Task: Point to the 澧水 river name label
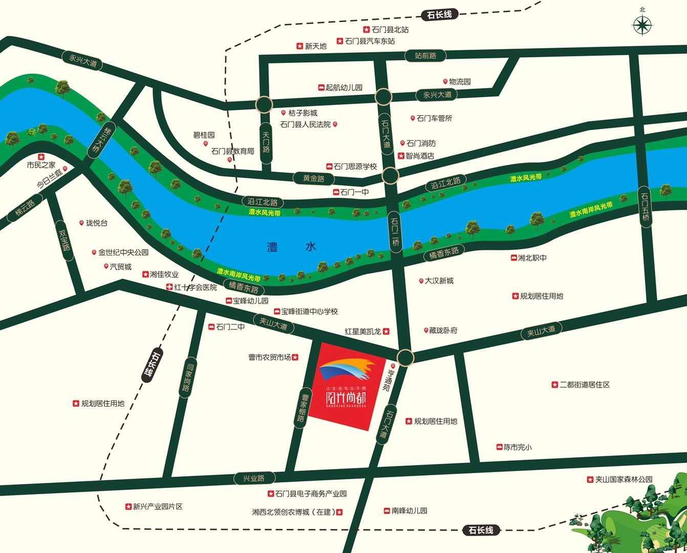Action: [291, 247]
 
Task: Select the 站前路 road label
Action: [425, 55]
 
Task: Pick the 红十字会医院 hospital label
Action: [195, 288]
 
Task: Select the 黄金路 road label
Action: [314, 179]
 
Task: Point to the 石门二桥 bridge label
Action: [395, 232]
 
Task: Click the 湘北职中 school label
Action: [532, 258]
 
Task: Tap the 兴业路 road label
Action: [254, 478]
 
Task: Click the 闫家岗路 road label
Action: [188, 377]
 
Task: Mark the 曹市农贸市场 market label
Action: [270, 357]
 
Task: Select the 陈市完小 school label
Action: [518, 447]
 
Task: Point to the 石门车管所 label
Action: [434, 118]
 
